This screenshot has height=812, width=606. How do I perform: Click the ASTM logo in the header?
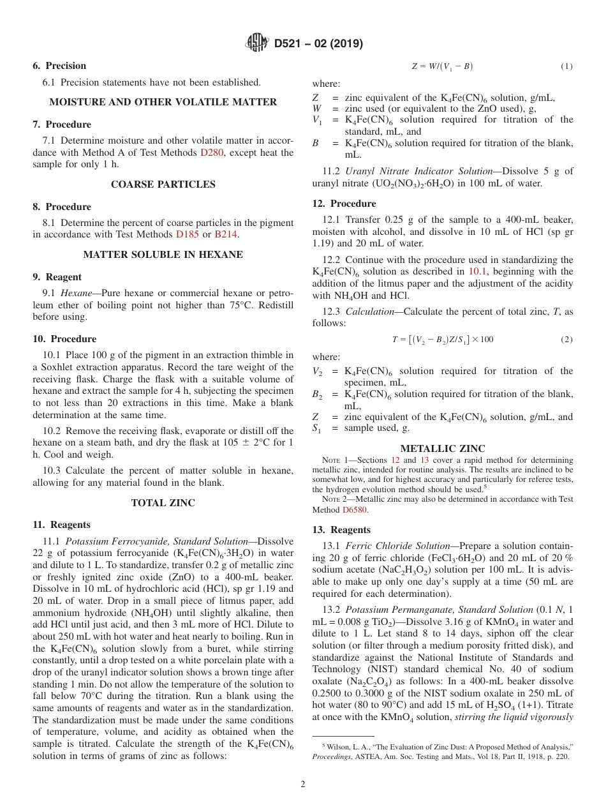(257, 43)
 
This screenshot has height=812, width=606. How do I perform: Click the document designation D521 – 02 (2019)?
(318, 44)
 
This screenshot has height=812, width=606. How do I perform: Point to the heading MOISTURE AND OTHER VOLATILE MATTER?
(163, 102)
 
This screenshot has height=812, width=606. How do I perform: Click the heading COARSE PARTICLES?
(163, 184)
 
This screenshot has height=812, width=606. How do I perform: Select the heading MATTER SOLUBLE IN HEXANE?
(163, 255)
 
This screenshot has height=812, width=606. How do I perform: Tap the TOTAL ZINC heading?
(163, 503)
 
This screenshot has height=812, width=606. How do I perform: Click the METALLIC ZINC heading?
(442, 449)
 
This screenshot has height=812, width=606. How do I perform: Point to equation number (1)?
(566, 66)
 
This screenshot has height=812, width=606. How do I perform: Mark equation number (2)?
(566, 340)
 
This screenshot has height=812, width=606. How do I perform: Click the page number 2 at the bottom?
(303, 784)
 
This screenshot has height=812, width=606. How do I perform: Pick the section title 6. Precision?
(59, 66)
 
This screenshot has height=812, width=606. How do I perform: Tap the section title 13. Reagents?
(341, 530)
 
